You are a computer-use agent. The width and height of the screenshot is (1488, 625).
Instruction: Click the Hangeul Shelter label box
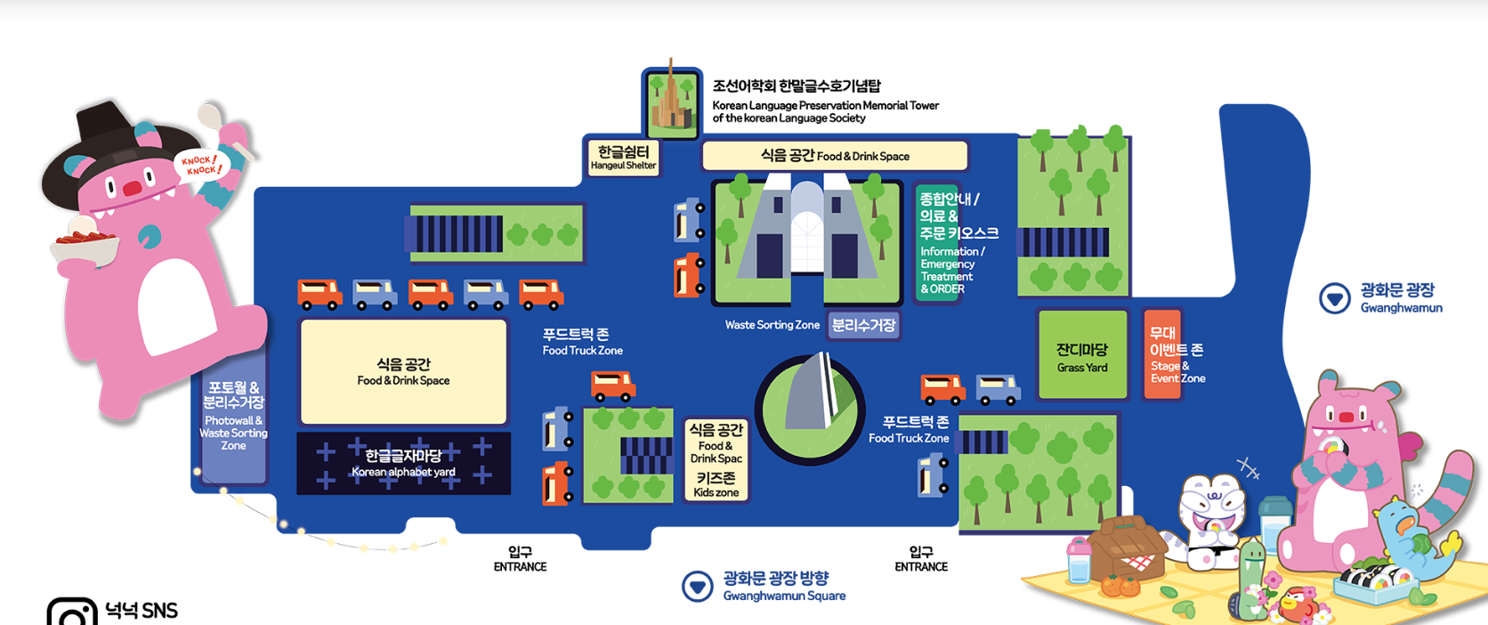tap(623, 158)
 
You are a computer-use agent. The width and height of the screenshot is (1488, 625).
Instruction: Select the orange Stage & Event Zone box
tap(1162, 354)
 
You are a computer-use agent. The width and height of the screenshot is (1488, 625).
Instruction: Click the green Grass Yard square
tap(1082, 354)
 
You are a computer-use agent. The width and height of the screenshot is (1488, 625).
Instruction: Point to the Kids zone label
tap(716, 484)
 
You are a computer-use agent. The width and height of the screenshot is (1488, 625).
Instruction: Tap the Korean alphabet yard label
tap(403, 463)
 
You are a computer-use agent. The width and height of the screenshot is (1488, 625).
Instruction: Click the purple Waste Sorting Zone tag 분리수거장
tap(863, 325)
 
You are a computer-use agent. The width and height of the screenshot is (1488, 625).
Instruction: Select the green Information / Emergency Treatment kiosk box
tap(937, 243)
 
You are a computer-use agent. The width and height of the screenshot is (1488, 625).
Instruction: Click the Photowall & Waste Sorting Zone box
tap(233, 416)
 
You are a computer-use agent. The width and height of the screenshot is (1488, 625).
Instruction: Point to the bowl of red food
tap(85, 245)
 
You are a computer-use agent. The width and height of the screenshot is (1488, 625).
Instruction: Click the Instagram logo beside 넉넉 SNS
tap(71, 613)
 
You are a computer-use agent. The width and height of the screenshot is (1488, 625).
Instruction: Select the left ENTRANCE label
tap(520, 559)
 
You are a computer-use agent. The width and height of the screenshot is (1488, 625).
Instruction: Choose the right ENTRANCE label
tap(921, 559)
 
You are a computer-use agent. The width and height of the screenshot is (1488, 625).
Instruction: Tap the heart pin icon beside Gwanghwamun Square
tap(698, 586)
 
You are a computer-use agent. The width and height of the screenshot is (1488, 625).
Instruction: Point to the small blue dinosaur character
tap(1411, 534)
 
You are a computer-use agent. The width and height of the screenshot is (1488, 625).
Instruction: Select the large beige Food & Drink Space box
tap(403, 371)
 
